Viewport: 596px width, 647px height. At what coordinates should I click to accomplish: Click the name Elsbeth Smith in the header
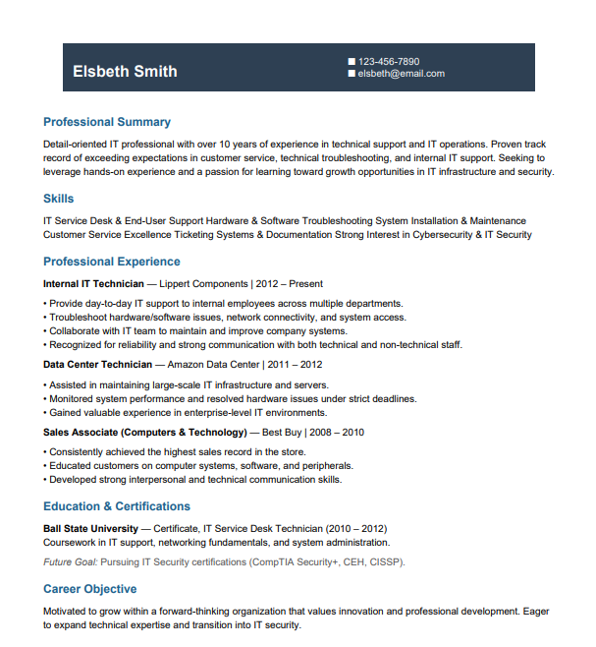[125, 71]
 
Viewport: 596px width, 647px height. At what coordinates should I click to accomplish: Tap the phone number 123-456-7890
[389, 61]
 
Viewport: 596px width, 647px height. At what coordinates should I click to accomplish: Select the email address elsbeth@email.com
[402, 73]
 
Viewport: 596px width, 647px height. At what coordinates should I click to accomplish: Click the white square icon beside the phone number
[352, 61]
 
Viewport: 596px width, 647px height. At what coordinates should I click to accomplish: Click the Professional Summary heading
[107, 123]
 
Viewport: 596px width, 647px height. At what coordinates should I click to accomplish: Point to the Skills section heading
[58, 199]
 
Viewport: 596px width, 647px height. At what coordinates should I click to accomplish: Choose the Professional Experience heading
[112, 262]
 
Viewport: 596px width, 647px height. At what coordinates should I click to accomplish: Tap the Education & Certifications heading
[117, 506]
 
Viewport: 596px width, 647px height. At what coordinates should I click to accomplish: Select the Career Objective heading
[90, 589]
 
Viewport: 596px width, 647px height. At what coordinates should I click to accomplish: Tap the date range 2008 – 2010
[340, 432]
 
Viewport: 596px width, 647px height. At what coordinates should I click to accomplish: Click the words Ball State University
[90, 528]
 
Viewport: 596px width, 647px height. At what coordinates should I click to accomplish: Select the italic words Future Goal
[72, 562]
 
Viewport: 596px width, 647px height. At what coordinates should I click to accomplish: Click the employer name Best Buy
[281, 432]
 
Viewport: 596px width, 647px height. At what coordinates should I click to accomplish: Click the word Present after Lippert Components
[305, 283]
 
